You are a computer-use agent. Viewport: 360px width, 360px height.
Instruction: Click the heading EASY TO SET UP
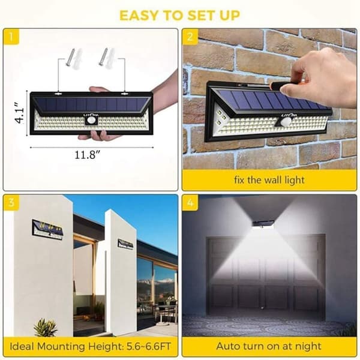180,16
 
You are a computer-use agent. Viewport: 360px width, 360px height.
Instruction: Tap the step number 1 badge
11,37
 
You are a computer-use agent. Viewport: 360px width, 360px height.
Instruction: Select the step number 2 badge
190,37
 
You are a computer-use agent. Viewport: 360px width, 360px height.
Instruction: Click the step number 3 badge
11,203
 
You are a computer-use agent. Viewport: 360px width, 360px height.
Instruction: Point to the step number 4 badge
190,203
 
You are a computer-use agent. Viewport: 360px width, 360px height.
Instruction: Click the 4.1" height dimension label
20,113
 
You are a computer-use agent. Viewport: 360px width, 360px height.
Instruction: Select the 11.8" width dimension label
88,155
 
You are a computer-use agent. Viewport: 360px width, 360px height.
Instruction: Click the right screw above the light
103,56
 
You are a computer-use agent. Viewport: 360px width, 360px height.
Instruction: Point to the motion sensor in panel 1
92,121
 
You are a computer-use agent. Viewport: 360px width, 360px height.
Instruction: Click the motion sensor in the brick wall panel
284,122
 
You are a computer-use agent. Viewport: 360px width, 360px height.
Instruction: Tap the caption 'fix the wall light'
269,180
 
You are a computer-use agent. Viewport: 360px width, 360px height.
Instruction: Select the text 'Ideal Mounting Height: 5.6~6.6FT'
90,346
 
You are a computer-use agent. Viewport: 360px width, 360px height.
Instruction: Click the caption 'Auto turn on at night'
269,346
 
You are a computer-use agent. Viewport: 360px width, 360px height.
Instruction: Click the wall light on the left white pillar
47,230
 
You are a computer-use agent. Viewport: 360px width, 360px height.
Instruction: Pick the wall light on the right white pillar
125,244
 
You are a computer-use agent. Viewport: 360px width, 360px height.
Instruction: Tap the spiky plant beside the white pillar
45,327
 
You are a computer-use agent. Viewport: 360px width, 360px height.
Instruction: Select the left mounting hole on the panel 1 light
58,94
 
